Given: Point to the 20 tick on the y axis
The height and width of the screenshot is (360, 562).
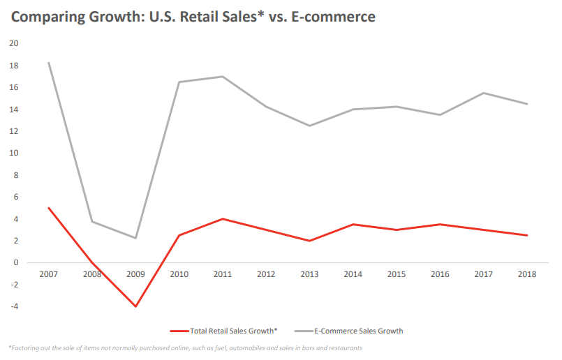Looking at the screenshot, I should tap(13, 43).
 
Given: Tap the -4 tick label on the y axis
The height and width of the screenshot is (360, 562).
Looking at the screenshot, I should tap(13, 306).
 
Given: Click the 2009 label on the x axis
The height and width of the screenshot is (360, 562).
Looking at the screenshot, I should tap(135, 274).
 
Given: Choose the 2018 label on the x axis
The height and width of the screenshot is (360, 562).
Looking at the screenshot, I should tap(527, 274).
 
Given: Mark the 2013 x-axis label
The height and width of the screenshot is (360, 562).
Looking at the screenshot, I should tap(309, 274).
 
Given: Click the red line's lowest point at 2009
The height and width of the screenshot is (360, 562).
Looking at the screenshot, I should tap(135, 306).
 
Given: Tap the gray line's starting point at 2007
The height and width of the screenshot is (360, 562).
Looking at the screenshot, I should tap(48, 63).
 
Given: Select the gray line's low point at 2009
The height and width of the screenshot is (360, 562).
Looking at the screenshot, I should tap(135, 238).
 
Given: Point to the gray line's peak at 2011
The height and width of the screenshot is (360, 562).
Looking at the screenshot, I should tap(222, 76).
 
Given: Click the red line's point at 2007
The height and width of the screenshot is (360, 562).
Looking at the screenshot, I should tap(48, 208).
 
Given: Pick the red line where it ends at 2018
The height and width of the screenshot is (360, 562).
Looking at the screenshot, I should tap(527, 235).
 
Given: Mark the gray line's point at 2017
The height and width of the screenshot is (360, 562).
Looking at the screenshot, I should tap(484, 93).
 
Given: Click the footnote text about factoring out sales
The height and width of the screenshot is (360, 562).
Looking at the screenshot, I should tap(185, 348).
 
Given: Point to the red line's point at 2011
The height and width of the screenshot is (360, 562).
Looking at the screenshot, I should tap(222, 219).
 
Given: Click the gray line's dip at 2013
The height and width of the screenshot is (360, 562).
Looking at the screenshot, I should tap(309, 126).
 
